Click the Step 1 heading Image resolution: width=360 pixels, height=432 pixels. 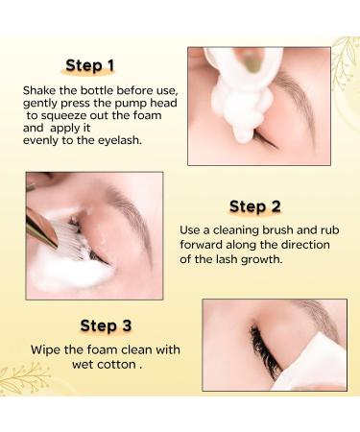[x=90, y=65]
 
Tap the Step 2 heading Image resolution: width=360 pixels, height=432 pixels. [x=255, y=205]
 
